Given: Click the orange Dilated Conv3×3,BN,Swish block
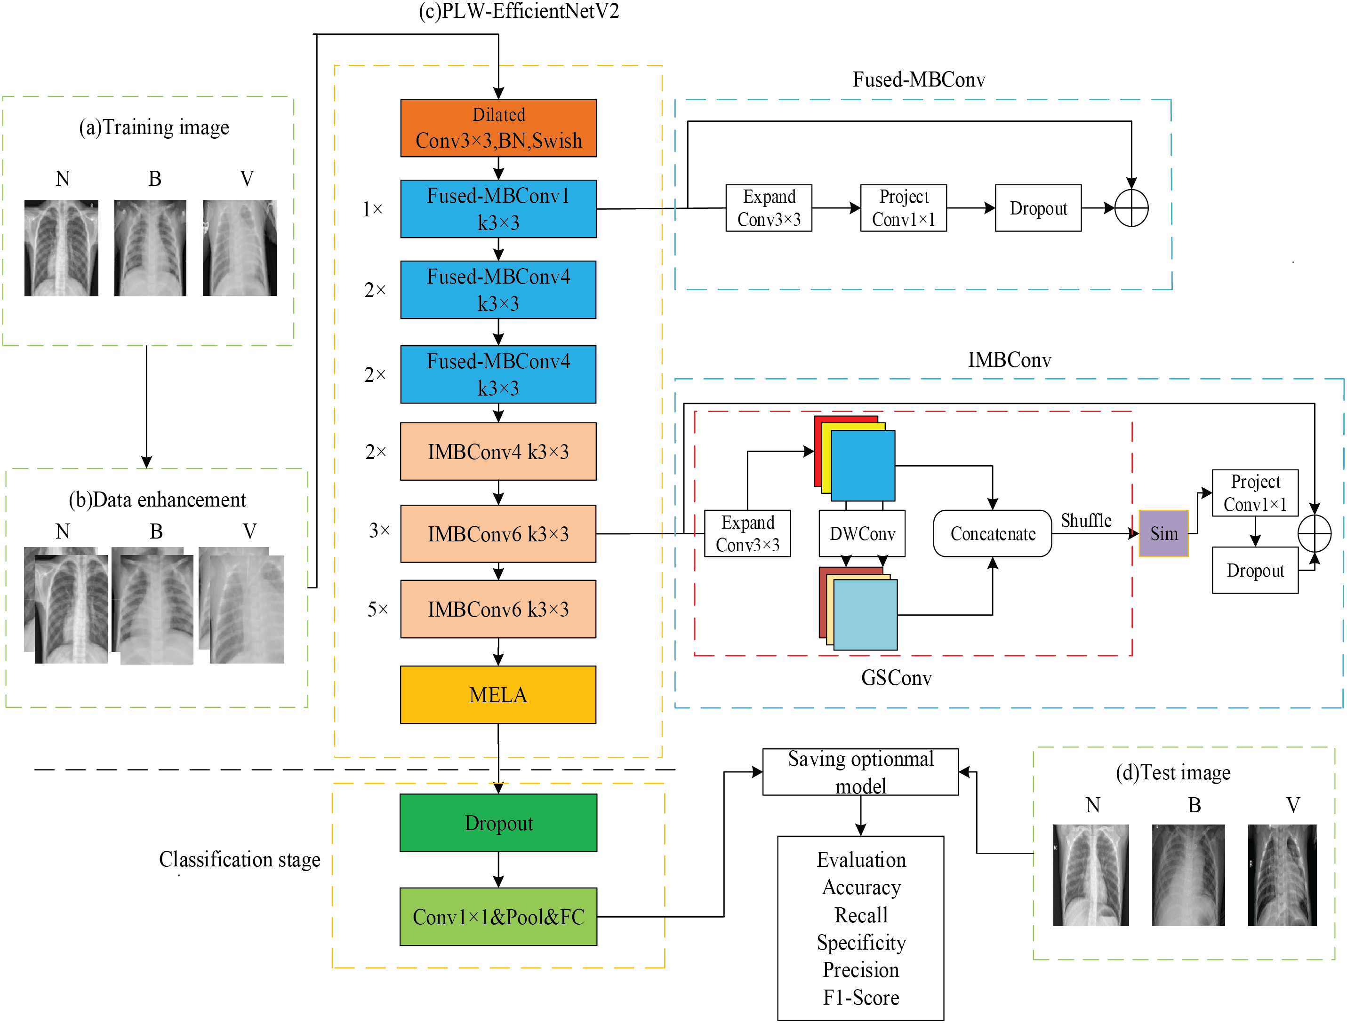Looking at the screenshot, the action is coord(498,128).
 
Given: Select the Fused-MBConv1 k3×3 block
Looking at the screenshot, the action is coord(498,208).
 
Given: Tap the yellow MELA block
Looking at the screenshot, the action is coord(498,695).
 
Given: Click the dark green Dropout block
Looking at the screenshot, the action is coord(498,823).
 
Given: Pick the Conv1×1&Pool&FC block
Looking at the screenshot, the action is coord(498,916).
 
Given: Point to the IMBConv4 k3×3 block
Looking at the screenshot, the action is coord(498,451).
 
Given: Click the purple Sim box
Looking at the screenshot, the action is coord(1163,533).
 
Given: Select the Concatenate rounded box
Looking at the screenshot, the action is coord(993,533).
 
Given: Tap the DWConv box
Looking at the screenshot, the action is coord(862,533).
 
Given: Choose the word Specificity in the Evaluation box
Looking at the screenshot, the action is coord(861,942).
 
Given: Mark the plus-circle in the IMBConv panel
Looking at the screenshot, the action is coord(1315,533).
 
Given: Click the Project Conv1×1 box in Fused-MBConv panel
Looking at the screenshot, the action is coord(904,207).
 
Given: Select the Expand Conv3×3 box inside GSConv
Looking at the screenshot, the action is coord(747,533).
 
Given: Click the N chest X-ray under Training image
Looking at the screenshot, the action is coord(61,248).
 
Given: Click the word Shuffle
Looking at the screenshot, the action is coord(1086,521).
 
